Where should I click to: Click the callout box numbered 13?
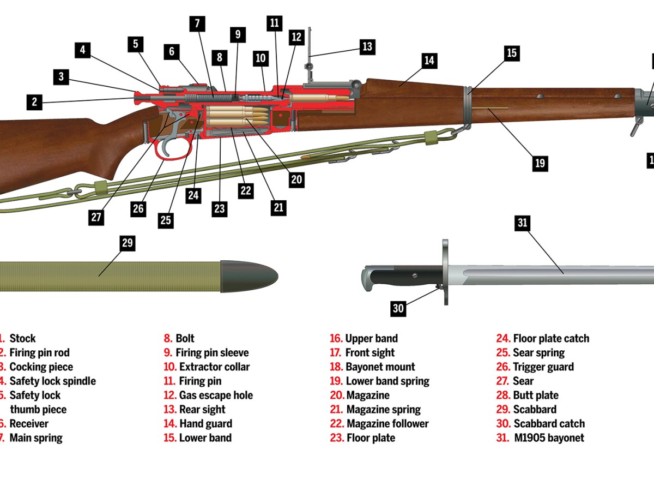tap(367, 46)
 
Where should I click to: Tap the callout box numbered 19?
tap(540, 163)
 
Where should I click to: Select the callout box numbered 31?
tap(522, 223)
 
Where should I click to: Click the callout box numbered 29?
tap(128, 243)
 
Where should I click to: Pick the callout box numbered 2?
tap(34, 101)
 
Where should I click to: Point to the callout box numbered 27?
tap(96, 217)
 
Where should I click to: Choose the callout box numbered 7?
tap(197, 24)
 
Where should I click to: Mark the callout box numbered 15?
tap(511, 53)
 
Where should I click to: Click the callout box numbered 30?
tap(398, 309)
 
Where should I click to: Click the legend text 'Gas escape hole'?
tap(216, 395)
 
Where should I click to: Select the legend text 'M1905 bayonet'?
tap(549, 438)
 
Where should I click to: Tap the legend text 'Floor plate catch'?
tap(551, 338)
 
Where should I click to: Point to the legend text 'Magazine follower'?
tap(387, 423)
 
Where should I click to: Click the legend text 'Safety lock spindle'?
tap(52, 381)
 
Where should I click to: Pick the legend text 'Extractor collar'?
tap(214, 367)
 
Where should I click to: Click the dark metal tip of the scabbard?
tap(248, 276)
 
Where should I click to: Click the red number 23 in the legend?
tap(336, 438)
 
